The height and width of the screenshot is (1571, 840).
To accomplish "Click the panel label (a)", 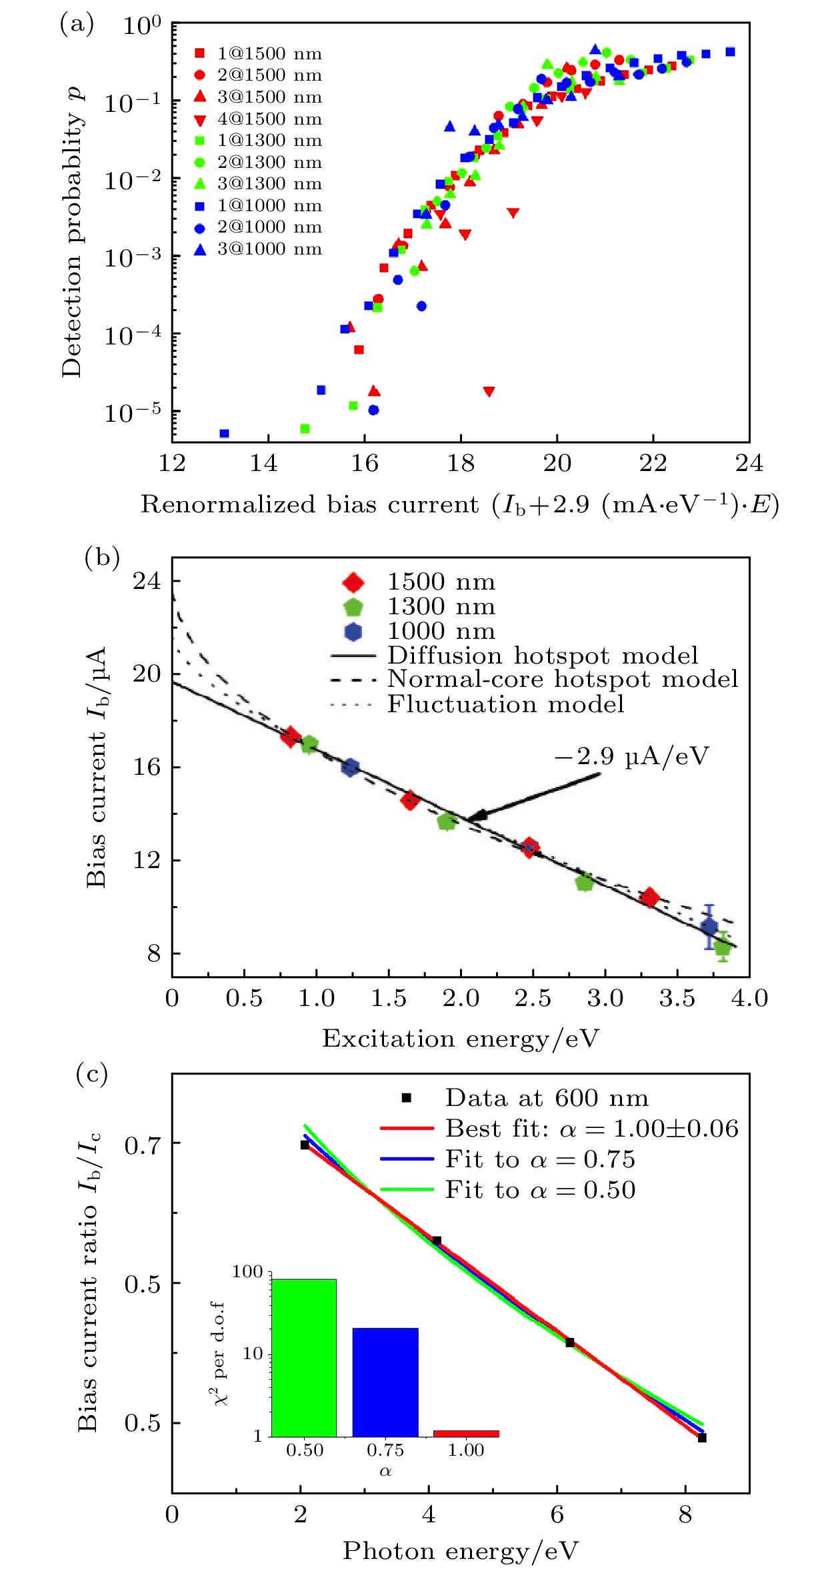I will click(x=76, y=25).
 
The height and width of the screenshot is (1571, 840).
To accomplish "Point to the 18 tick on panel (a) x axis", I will click(x=461, y=463).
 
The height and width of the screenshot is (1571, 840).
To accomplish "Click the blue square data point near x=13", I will click(x=224, y=434).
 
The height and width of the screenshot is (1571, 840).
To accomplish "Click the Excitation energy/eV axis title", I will click(x=461, y=1039).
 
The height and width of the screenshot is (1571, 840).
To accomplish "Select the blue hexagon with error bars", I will click(x=709, y=926).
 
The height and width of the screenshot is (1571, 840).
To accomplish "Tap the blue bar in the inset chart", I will click(x=385, y=1382).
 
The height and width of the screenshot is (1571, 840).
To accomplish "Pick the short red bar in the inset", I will click(x=466, y=1433).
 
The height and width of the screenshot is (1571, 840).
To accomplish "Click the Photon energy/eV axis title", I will click(x=461, y=1551).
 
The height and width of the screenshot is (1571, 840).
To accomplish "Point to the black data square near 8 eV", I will click(x=702, y=1438).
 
